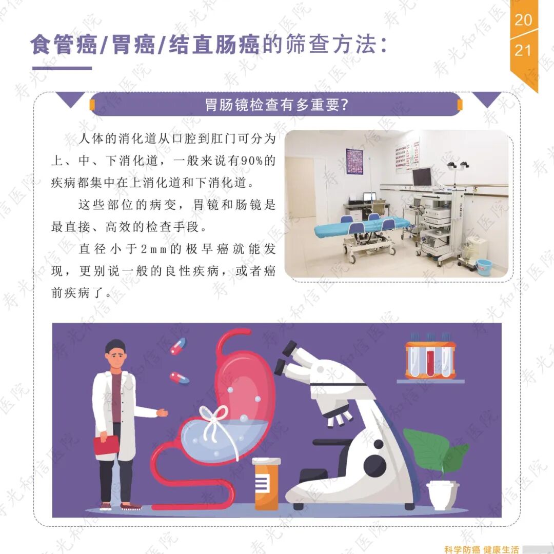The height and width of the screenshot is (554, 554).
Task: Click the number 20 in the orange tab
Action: click(523, 20)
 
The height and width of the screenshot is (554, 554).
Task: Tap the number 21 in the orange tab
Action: click(523, 50)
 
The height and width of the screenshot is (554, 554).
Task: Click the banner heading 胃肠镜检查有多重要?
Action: click(277, 105)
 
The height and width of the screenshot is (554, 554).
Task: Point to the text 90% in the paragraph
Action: click(251, 161)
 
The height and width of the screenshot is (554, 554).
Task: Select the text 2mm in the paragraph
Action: click(154, 249)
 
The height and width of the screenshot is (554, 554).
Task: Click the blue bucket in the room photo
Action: click(484, 265)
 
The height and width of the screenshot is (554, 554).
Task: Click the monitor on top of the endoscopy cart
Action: click(422, 176)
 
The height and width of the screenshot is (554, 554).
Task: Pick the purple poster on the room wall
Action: click(354, 161)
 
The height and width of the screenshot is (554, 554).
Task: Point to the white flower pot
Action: click(443, 496)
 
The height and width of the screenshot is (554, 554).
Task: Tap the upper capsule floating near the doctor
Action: click(178, 346)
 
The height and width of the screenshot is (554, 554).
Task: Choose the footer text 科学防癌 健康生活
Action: click(482, 549)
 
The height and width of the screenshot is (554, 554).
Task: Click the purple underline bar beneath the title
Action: click(62, 68)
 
